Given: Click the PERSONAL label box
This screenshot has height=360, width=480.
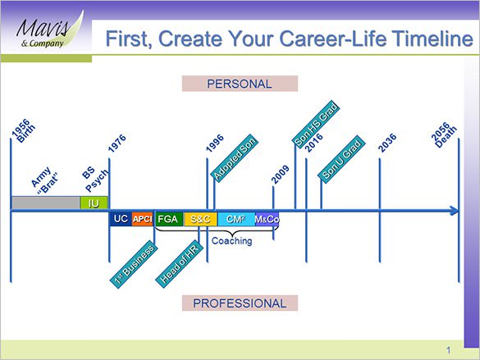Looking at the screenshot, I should click(239, 83).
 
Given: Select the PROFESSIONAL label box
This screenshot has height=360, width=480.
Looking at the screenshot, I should click(240, 303).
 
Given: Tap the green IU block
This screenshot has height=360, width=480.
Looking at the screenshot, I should click(94, 203).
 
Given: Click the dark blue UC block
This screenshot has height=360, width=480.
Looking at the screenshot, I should click(120, 219).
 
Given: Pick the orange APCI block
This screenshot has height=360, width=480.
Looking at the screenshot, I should click(143, 219).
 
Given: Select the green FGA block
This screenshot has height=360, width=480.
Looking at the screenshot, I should click(168, 219).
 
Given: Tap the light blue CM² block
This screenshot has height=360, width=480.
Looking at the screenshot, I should click(235, 219).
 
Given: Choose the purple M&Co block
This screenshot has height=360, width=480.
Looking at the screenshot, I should click(267, 219).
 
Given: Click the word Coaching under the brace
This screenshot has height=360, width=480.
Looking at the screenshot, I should click(232, 241).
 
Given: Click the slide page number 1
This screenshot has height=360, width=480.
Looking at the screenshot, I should click(449, 347).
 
